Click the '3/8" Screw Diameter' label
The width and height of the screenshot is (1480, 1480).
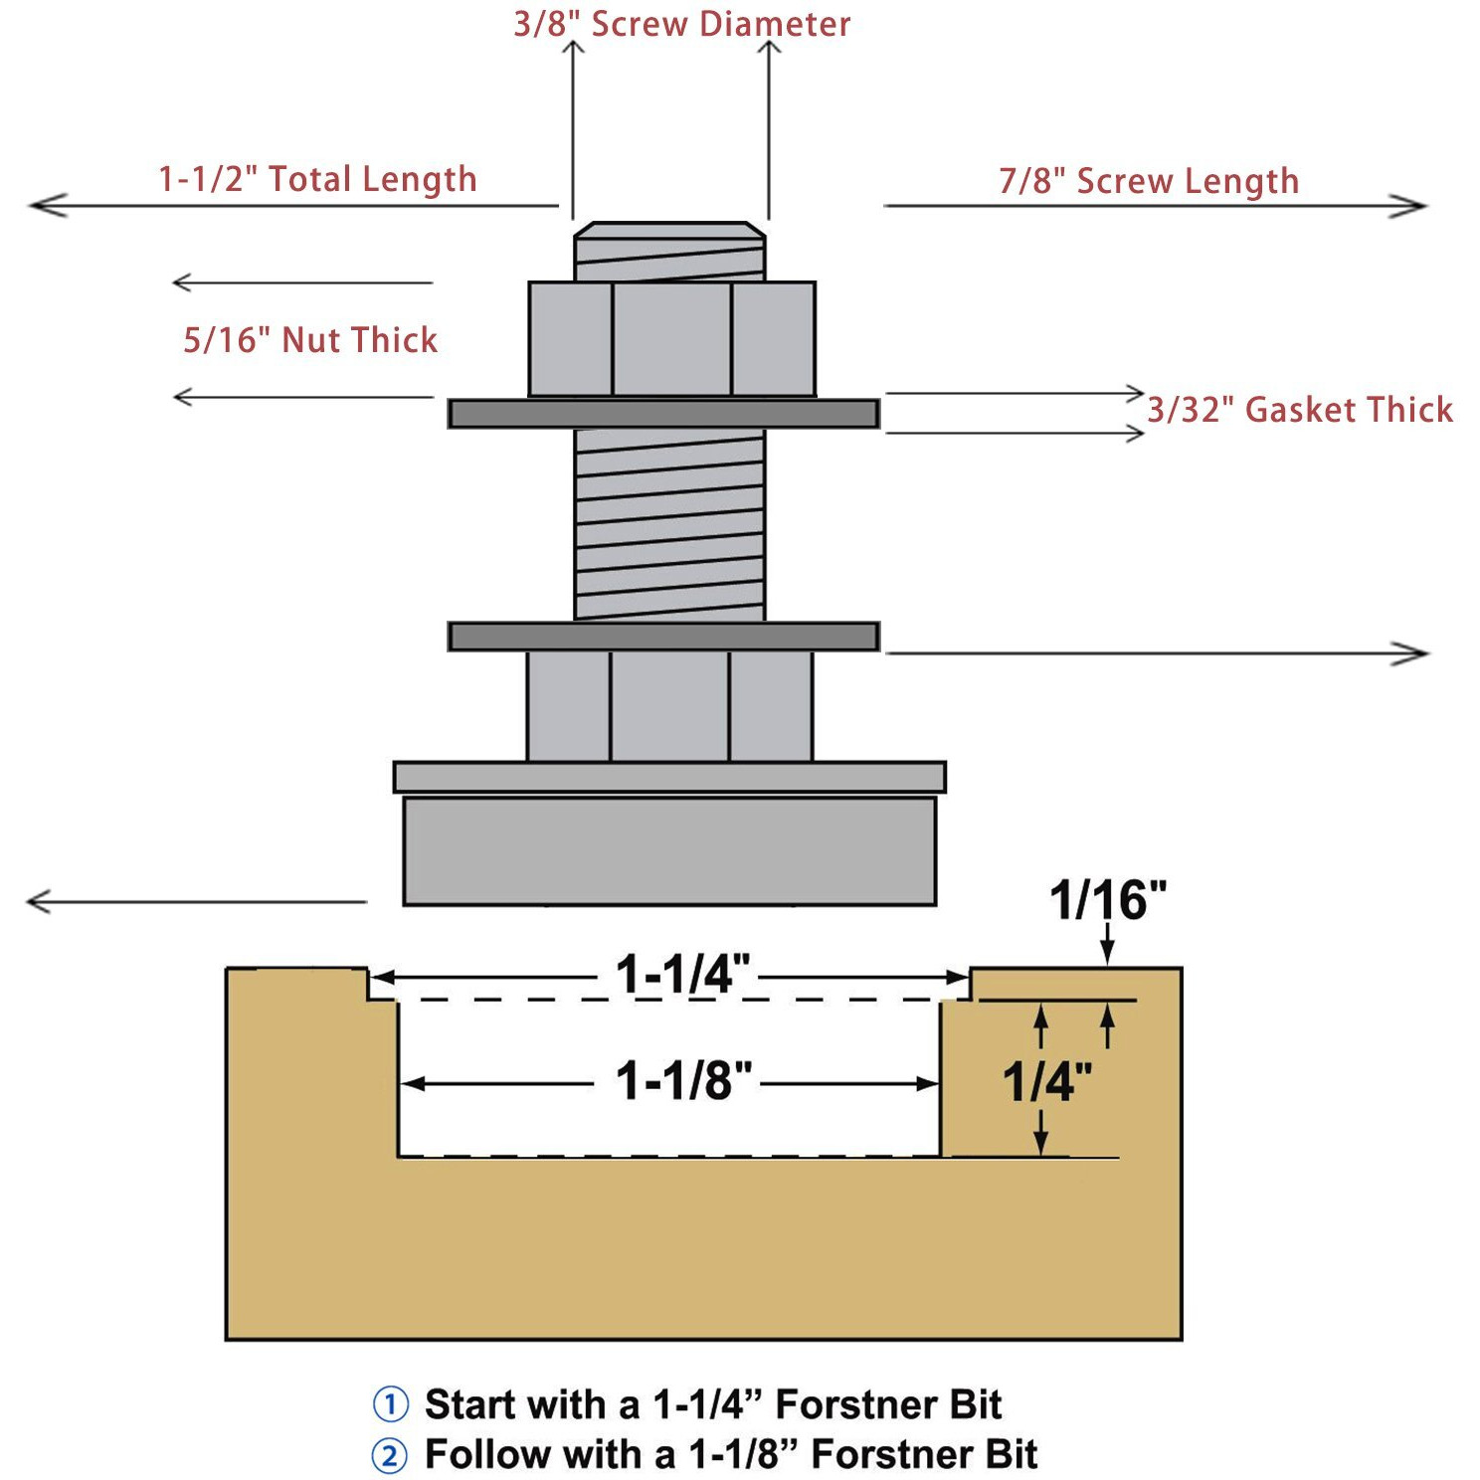point(681,24)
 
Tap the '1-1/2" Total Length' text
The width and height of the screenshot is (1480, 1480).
point(317,179)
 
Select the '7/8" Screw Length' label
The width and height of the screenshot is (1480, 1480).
point(1149,181)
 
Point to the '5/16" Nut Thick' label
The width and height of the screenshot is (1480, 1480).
point(310,340)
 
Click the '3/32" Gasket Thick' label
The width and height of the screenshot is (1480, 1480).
point(1300,410)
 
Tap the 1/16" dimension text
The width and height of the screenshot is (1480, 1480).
point(1108,900)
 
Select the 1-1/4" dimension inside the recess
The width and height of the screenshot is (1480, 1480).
point(682,974)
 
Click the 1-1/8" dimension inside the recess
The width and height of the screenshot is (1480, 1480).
point(683,1080)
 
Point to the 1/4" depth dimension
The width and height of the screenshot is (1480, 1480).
point(1046,1081)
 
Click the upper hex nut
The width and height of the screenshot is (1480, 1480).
point(672,340)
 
